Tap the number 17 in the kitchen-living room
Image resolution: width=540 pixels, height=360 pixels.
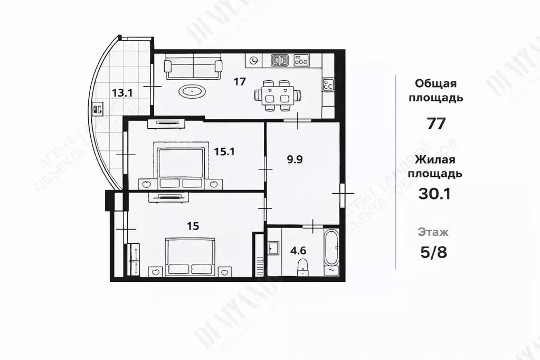click(240, 81)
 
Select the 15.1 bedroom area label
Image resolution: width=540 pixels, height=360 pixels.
click(224, 151)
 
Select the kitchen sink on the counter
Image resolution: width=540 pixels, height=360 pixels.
click(280, 60)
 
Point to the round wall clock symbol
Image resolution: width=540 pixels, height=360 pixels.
click(254, 61)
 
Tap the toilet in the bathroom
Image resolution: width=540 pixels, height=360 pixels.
click(302, 266)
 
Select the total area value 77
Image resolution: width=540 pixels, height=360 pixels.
click(437, 124)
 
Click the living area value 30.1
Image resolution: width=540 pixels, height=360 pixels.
click(434, 195)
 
